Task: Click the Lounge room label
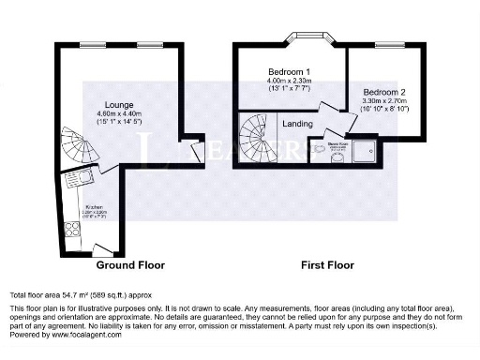pos(118,103)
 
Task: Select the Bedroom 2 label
pos(384,92)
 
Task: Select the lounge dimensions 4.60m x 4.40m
pos(118,113)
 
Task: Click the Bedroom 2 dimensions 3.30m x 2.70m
pos(384,101)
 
